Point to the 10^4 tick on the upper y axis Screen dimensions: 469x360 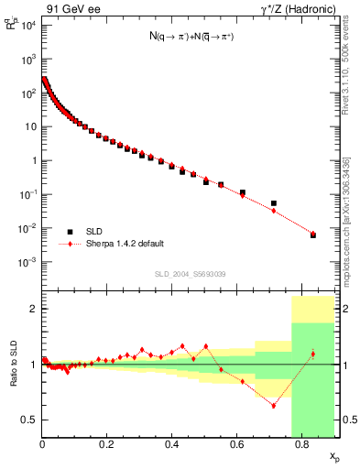pos(28,25)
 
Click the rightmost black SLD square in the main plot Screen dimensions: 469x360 pos(312,235)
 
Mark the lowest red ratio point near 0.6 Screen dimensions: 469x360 pos(273,405)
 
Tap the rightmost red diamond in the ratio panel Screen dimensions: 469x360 pos(312,354)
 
